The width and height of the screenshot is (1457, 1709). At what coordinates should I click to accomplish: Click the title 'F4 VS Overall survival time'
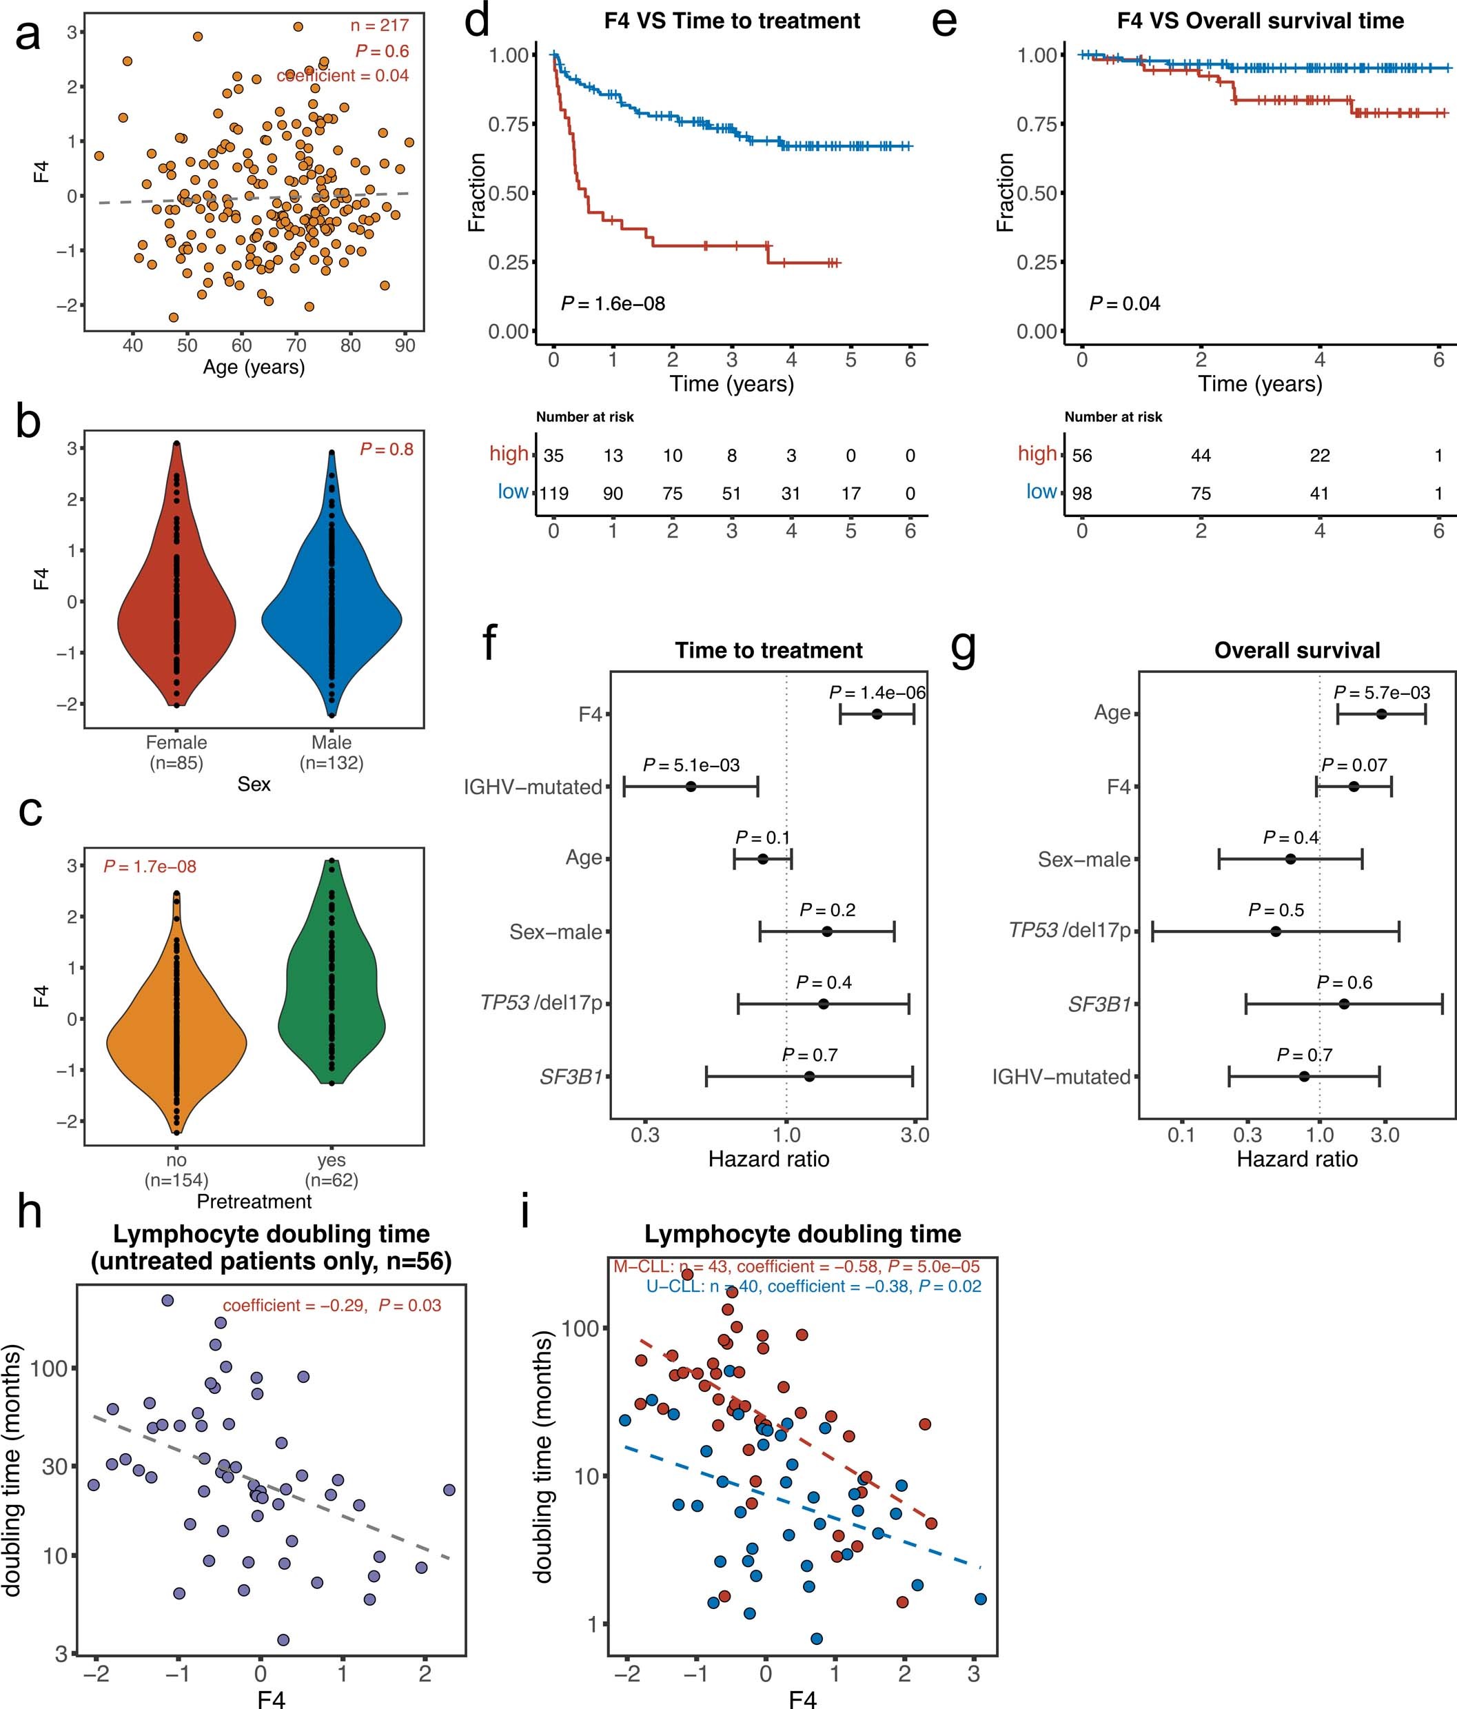[x=1260, y=21]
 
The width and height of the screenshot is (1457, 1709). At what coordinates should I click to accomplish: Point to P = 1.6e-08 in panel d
[x=613, y=303]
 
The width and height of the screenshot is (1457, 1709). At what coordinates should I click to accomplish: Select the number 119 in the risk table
[x=553, y=493]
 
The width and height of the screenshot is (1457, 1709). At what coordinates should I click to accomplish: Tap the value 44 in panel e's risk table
[x=1201, y=455]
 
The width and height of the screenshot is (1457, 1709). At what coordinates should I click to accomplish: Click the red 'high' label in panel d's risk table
[x=509, y=454]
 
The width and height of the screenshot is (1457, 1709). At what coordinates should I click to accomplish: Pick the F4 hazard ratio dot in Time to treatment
[x=877, y=714]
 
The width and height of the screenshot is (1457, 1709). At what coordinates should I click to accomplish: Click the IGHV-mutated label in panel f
[x=533, y=787]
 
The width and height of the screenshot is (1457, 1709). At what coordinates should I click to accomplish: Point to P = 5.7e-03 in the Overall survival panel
[x=1381, y=693]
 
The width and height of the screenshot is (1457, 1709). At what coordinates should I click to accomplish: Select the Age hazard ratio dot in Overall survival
[x=1381, y=714]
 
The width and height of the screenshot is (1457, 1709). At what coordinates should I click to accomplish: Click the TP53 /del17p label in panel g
[x=1070, y=931]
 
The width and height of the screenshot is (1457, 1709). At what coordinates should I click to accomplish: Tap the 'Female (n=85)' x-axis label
[x=176, y=752]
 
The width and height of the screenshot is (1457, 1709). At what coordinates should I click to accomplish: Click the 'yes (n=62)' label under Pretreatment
[x=332, y=1170]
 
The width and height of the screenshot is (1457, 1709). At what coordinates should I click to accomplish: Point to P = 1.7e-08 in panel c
[x=150, y=867]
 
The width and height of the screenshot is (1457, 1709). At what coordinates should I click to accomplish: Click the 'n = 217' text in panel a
[x=379, y=26]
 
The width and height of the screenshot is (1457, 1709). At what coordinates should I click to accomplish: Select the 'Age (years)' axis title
[x=254, y=367]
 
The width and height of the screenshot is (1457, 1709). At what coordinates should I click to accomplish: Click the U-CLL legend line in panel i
[x=813, y=1286]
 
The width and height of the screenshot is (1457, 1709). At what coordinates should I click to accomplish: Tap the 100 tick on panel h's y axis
[x=54, y=1368]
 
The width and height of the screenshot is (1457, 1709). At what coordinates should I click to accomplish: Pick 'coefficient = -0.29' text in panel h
[x=294, y=1305]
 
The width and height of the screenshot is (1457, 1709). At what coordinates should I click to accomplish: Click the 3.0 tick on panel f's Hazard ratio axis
[x=915, y=1135]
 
